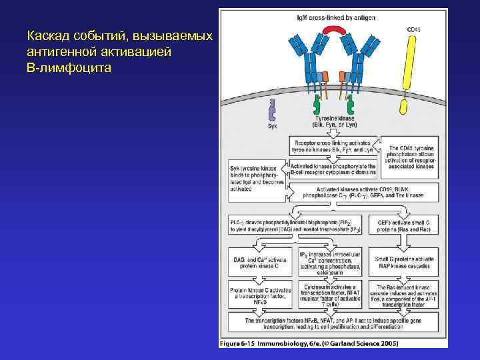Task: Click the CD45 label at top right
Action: click(x=414, y=29)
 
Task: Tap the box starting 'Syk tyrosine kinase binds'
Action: click(x=257, y=177)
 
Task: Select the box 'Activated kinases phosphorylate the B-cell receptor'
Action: click(x=333, y=169)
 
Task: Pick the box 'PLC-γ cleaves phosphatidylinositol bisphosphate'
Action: click(x=299, y=225)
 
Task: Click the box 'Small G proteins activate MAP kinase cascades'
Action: click(x=405, y=263)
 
